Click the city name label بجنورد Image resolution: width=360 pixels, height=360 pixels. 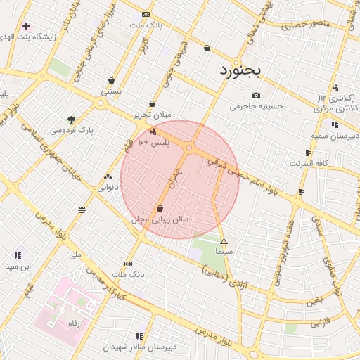(240, 70)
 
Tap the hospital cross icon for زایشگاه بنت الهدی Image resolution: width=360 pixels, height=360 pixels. (26, 26)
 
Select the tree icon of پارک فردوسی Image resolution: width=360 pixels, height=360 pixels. (71, 119)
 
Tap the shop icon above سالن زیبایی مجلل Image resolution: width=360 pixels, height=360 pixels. (160, 208)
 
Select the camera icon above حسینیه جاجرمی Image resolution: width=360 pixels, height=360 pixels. (256, 96)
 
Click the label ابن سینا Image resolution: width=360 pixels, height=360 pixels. (18, 266)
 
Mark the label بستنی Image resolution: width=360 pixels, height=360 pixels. (111, 91)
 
